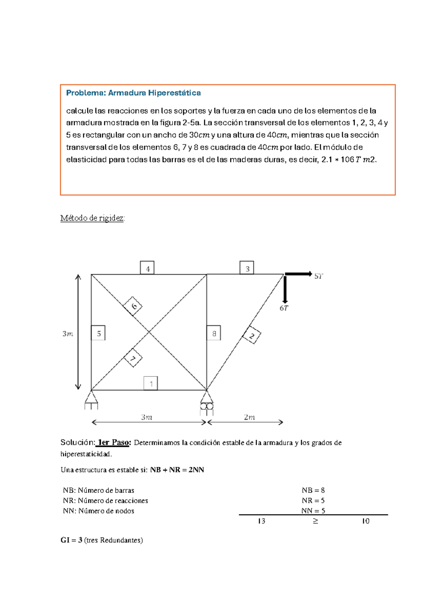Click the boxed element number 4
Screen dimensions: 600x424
[x=147, y=269]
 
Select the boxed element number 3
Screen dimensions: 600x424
[x=247, y=269]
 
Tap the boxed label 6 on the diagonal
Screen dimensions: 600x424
[x=133, y=306]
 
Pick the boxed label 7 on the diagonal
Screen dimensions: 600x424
[x=133, y=358]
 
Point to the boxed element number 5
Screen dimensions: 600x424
[x=99, y=333]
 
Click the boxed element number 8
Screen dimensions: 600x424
[x=214, y=333]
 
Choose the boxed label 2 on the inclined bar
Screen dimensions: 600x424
[x=252, y=335]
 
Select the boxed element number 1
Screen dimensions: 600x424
[x=151, y=383]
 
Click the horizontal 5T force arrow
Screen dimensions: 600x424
[x=299, y=274]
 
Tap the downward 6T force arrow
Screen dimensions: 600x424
[x=285, y=289]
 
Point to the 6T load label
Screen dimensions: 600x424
[x=284, y=308]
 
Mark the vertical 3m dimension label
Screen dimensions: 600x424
[x=68, y=334]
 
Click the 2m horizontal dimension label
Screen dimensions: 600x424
[x=249, y=417]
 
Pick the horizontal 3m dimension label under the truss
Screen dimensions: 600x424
[x=147, y=417]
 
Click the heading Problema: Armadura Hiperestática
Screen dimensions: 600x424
[x=134, y=93]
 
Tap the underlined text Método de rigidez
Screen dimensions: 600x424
[x=92, y=218]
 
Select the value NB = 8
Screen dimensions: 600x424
[x=313, y=490]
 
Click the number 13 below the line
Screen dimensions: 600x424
[x=261, y=521]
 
